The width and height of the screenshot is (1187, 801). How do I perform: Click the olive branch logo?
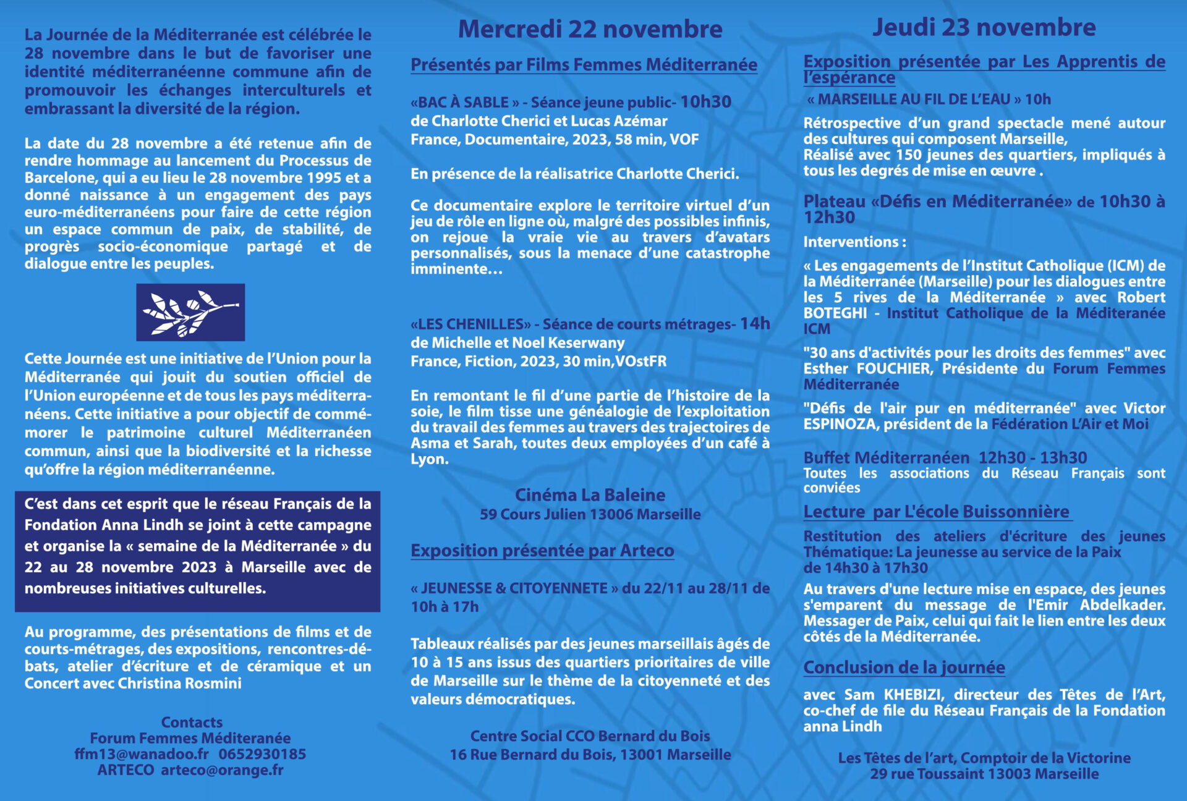[x=190, y=312]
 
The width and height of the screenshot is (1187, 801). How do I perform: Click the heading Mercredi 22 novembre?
[x=590, y=29]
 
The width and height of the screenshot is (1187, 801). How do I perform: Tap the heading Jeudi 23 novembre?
[x=984, y=27]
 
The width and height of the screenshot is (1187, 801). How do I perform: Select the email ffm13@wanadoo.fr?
[x=142, y=754]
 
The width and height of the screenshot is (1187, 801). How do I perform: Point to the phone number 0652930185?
[x=262, y=754]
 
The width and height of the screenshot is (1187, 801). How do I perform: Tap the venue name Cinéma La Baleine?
[x=590, y=495]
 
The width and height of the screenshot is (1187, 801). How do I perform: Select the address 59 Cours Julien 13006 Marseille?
[x=590, y=514]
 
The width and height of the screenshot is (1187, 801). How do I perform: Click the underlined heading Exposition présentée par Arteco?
[x=542, y=551]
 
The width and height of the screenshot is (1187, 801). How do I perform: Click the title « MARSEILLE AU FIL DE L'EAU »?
[x=913, y=100]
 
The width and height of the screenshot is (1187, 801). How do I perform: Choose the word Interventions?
[x=851, y=242]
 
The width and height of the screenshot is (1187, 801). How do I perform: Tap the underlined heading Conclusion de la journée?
[x=904, y=667]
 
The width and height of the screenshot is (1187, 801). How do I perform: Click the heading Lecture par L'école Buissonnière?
[x=936, y=512]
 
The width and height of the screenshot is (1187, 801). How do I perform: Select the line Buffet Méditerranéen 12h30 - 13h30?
[x=945, y=458]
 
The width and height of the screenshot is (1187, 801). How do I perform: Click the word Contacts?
[x=192, y=723]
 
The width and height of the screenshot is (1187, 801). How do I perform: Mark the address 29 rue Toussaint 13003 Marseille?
[x=984, y=774]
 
